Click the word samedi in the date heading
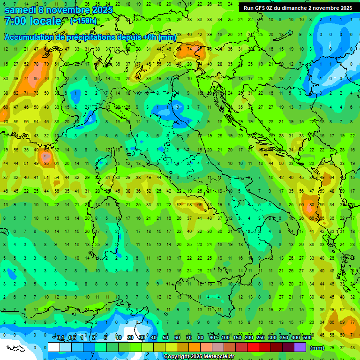pos(20,10)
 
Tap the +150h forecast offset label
pos(83,21)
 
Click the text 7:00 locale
pos(33,21)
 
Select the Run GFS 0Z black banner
pos(298,8)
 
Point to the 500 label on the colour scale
pos(307,338)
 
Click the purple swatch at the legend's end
pos(300,347)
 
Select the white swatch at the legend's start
pos(54,347)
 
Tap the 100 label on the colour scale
pos(225,338)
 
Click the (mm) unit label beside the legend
pos(317,348)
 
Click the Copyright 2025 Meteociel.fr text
pos(199,357)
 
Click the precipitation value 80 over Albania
pos(312,204)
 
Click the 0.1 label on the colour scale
pos(61,338)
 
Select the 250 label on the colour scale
pos(261,338)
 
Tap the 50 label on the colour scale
pos(165,338)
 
